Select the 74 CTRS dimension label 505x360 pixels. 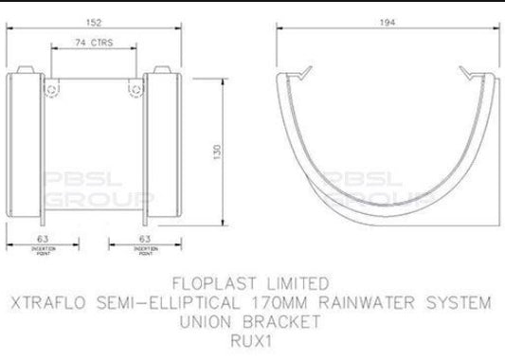coord(92,43)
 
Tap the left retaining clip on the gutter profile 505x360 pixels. coord(304,75)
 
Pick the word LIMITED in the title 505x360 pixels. coord(296,283)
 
